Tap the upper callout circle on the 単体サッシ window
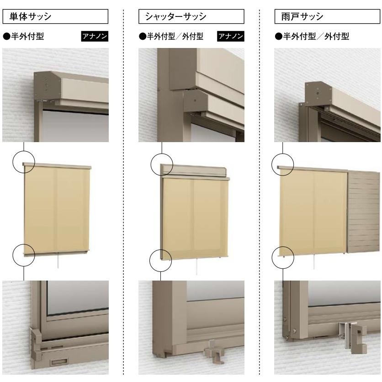pyautogui.click(x=24, y=162)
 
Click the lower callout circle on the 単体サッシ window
pyautogui.click(x=24, y=254)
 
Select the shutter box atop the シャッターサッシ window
pyautogui.click(x=195, y=170)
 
